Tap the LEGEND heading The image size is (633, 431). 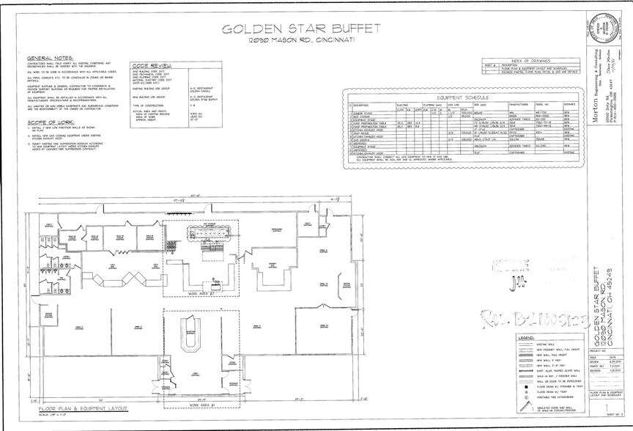(x=525, y=337)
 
